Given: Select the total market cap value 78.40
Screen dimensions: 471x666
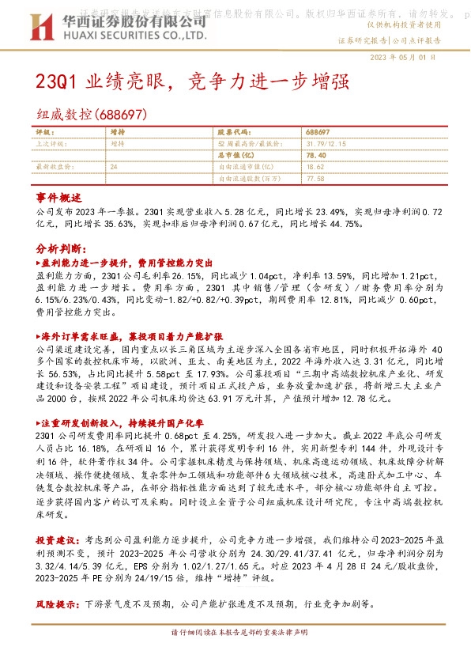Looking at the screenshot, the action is coord(315,156).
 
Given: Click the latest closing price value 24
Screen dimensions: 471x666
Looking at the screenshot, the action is coord(115,168).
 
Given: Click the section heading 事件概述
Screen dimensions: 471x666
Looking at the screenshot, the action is coord(59,196).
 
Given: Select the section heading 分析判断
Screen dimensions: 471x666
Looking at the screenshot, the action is coord(59,245).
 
